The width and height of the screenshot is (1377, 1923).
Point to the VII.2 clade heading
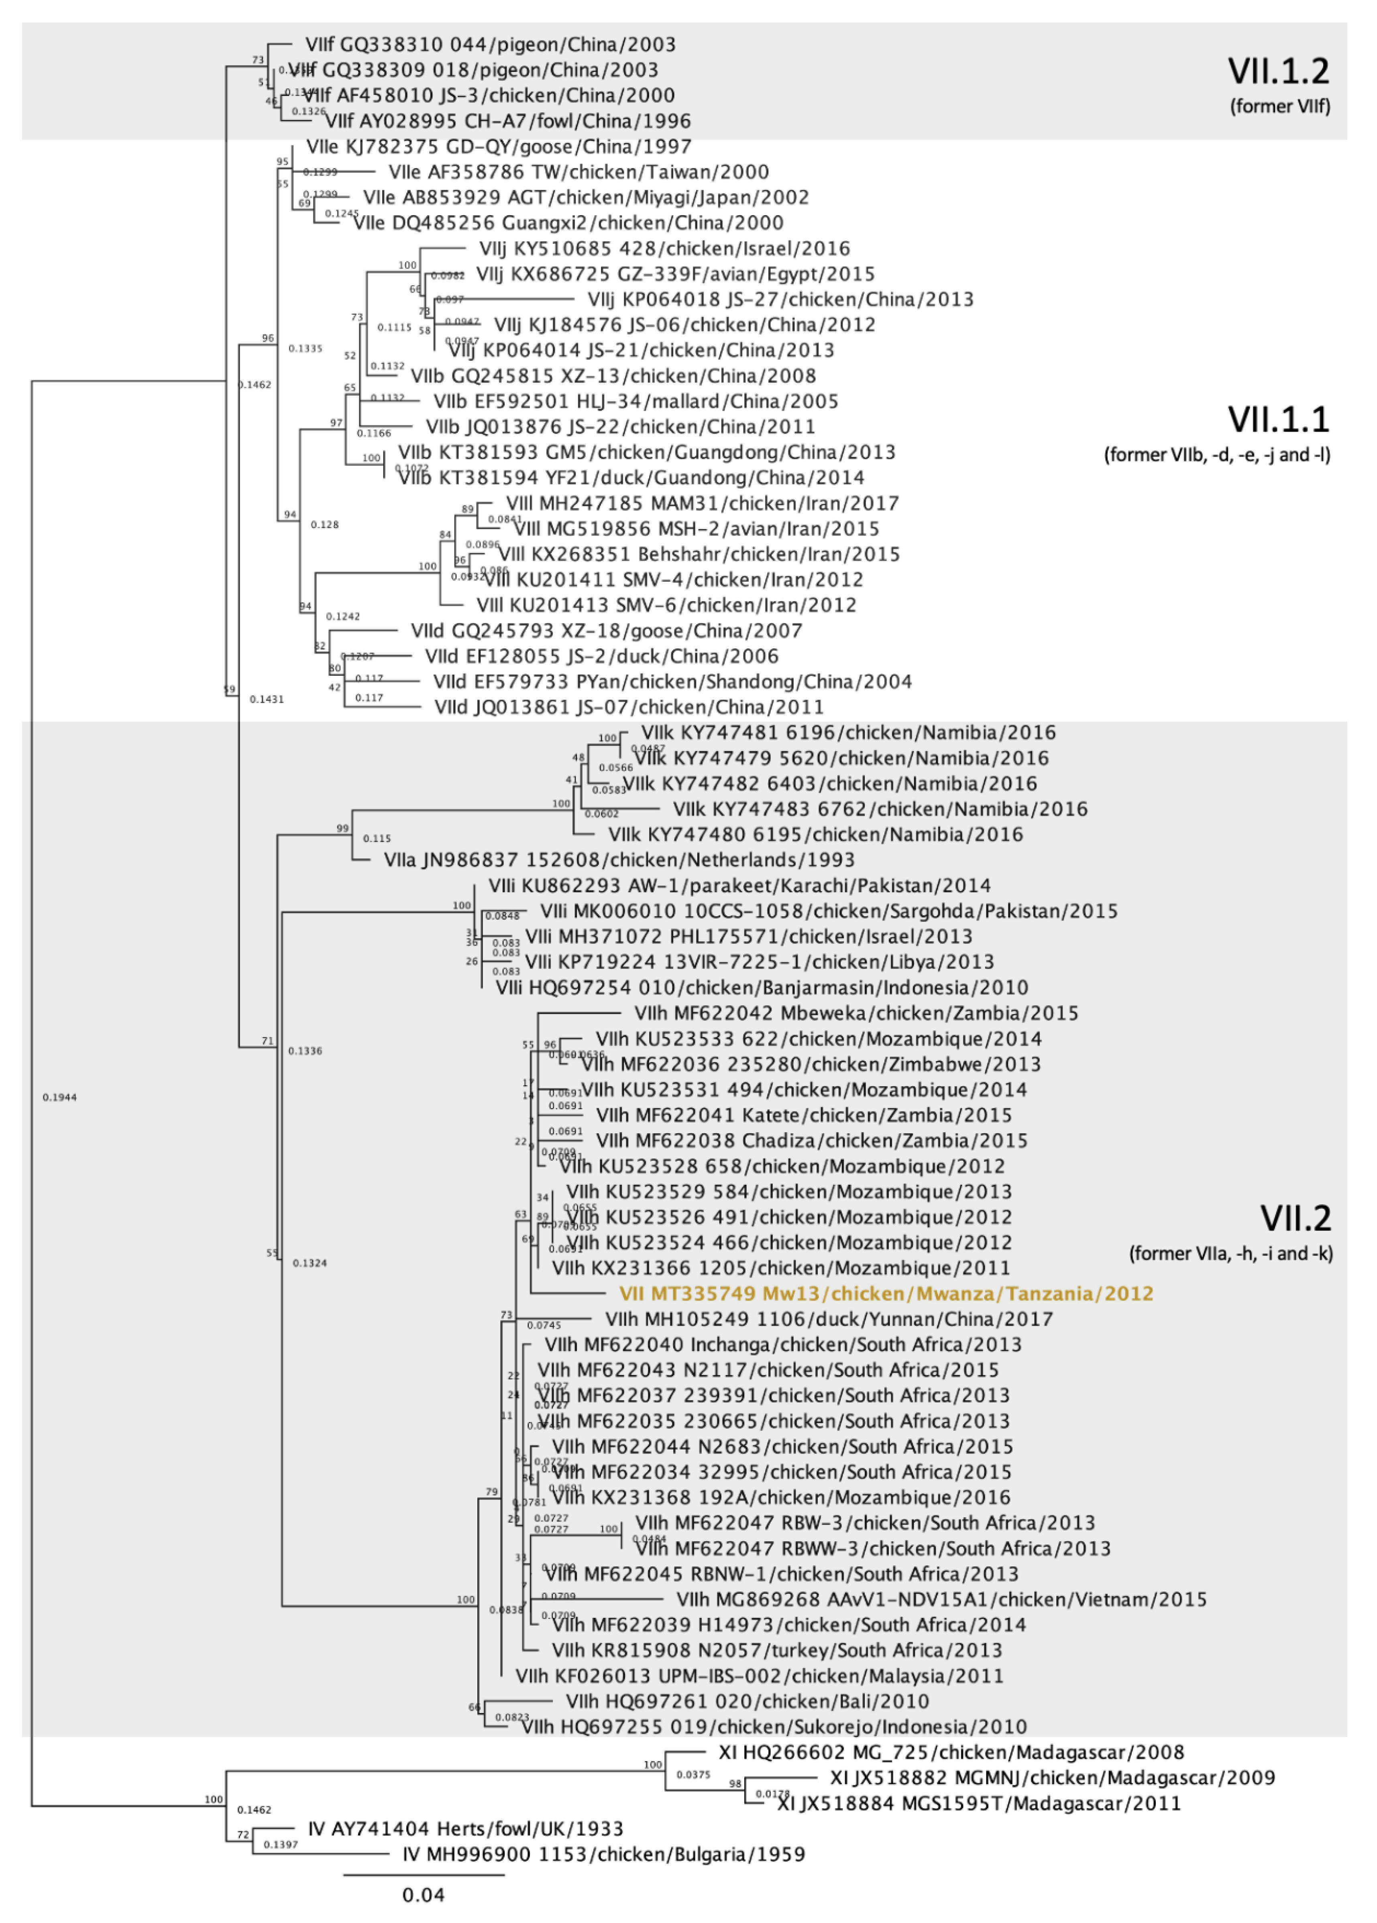[1296, 1218]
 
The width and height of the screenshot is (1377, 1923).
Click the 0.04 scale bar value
[423, 1894]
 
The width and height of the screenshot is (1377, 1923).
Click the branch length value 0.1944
[59, 1097]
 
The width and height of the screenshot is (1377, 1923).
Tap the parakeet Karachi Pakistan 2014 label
[739, 885]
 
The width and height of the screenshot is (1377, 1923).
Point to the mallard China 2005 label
[635, 401]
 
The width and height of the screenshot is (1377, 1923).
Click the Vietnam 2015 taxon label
[941, 1599]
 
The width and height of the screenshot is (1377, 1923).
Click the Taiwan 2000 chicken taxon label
[578, 172]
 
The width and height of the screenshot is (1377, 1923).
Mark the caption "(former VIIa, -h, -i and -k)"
[1230, 1253]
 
